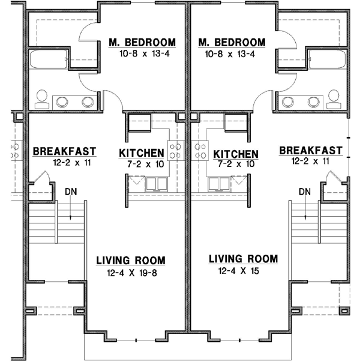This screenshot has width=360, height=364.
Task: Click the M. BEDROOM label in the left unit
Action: (142, 42)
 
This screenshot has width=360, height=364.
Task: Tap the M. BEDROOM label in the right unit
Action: (231, 42)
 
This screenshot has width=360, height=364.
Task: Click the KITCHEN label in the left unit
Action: (142, 153)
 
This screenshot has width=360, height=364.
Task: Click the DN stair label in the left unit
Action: (71, 192)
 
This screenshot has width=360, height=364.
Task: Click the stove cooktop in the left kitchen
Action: (176, 150)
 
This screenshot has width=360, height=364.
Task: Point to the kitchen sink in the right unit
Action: (218, 182)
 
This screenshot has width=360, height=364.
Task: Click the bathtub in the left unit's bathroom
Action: (47, 60)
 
